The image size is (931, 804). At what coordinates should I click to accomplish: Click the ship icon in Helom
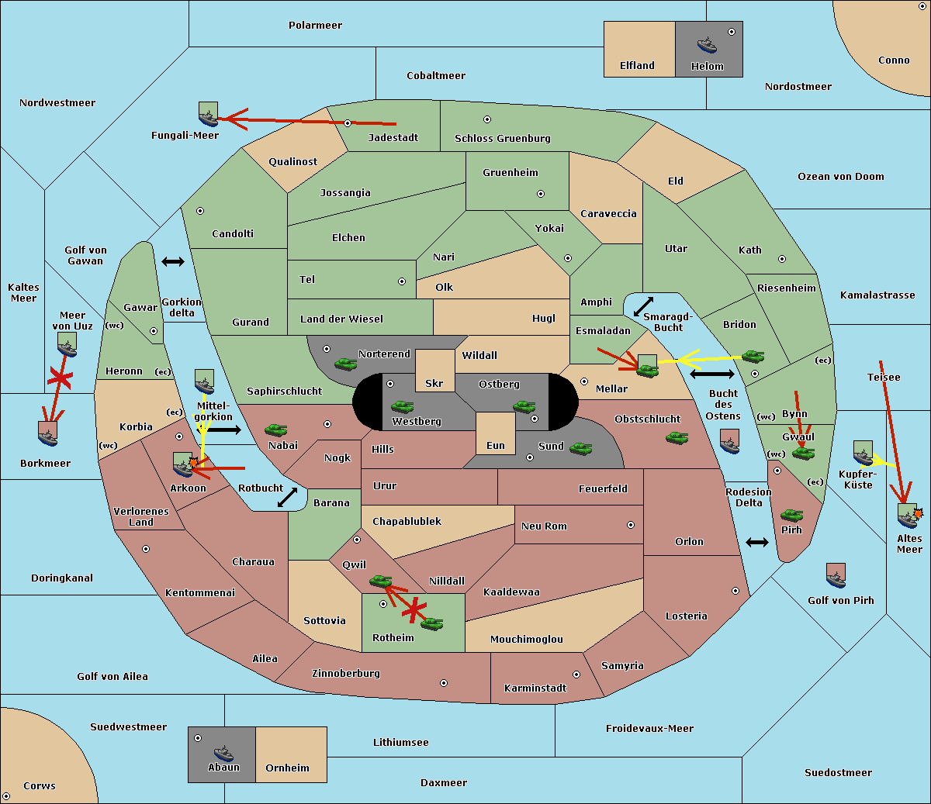coord(707,46)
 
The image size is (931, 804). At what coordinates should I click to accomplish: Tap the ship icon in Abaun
coord(223,754)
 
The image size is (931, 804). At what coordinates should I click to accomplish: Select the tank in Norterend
coord(345,364)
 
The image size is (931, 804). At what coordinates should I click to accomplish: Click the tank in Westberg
coord(402,407)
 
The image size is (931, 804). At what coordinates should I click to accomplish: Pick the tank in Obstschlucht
coord(677,437)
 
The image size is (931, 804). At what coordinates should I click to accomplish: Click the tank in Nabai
coord(275,430)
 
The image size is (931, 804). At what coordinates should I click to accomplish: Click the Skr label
coord(434,383)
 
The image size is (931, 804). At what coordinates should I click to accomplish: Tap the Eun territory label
coord(496,445)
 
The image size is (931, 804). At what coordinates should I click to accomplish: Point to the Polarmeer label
coord(315,26)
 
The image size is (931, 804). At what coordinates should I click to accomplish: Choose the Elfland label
coord(637,65)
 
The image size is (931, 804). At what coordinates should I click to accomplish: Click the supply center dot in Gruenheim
coord(541,194)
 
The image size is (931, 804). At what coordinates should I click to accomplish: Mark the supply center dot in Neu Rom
coord(631,525)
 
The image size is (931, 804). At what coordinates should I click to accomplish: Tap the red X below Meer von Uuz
coord(60,378)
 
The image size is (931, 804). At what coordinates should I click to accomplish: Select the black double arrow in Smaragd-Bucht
coord(643,306)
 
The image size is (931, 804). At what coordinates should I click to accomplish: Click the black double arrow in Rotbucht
coord(287,497)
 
